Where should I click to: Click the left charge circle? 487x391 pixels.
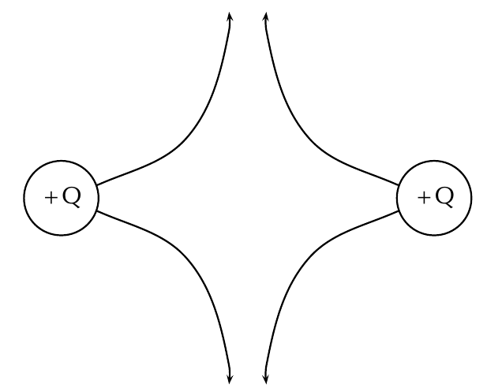coord(24,198)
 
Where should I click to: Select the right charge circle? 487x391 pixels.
coord(472,198)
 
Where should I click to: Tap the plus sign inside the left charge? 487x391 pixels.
coord(51,198)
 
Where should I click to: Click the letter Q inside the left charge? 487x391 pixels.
coord(72,197)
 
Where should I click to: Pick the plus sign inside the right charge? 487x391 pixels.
coord(424,198)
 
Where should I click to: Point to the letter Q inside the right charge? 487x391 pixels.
coord(444,197)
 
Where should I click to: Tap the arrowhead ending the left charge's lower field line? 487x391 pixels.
coord(230,379)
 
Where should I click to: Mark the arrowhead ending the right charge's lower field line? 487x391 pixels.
coord(266,379)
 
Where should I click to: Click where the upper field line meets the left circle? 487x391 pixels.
coord(97,185)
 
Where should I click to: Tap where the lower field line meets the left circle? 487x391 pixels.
coord(97,210)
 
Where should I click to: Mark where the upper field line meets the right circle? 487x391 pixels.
coord(398,185)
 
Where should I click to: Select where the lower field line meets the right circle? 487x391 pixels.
coord(398,210)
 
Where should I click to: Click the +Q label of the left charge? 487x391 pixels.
coord(63,198)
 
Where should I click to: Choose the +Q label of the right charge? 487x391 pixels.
coord(436,198)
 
